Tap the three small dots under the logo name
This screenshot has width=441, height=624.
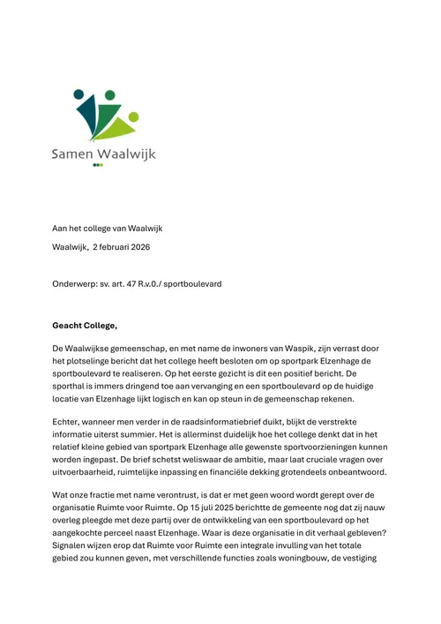coord(97,165)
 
